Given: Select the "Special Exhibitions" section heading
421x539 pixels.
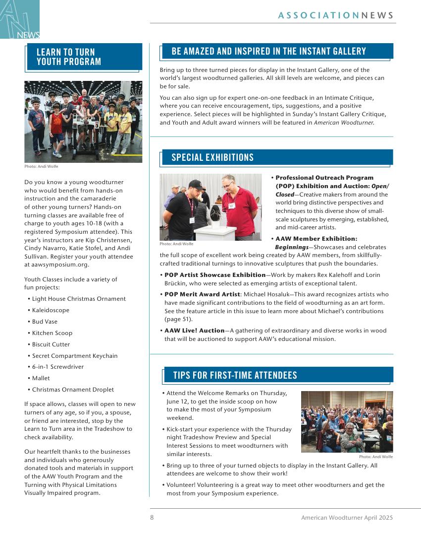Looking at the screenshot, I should pyautogui.click(x=212, y=158).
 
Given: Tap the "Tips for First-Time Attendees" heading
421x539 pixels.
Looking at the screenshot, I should pyautogui.click(x=235, y=376).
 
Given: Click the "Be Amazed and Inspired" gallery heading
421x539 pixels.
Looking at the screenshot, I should pyautogui.click(x=269, y=52).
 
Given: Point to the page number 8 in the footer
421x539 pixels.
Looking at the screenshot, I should pyautogui.click(x=152, y=518).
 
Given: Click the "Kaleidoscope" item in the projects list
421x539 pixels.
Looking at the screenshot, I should pyautogui.click(x=51, y=310).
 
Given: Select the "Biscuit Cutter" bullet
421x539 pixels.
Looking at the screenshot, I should pyautogui.click(x=51, y=344).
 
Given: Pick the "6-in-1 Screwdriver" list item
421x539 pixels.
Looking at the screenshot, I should pyautogui.click(x=58, y=367).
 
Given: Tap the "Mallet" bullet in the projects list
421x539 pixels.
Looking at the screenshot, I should pyautogui.click(x=41, y=378).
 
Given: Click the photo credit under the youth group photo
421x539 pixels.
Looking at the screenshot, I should pyautogui.click(x=41, y=166).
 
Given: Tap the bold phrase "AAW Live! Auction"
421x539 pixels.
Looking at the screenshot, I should pyautogui.click(x=195, y=331).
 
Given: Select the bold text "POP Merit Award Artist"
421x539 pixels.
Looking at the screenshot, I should pyautogui.click(x=202, y=294).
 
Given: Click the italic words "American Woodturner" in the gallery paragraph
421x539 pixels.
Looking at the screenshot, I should pyautogui.click(x=344, y=123).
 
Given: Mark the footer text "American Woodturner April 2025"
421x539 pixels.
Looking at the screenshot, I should pyautogui.click(x=347, y=518).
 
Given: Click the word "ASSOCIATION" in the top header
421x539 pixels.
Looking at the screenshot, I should pyautogui.click(x=318, y=15).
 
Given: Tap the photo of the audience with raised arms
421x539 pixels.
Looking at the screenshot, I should pyautogui.click(x=347, y=422).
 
